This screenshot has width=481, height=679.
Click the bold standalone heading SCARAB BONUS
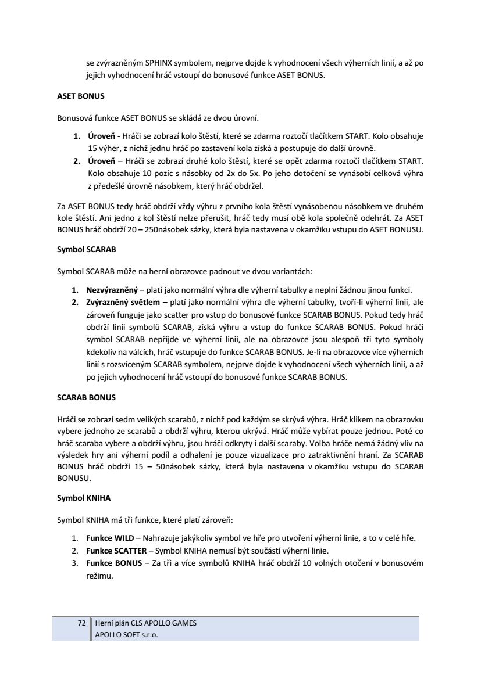click(86, 398)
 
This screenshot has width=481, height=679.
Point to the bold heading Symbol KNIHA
click(84, 498)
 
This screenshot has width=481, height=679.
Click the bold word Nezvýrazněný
click(112, 289)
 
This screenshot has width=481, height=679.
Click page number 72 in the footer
click(81, 623)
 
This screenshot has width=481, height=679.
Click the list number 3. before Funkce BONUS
click(75, 563)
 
